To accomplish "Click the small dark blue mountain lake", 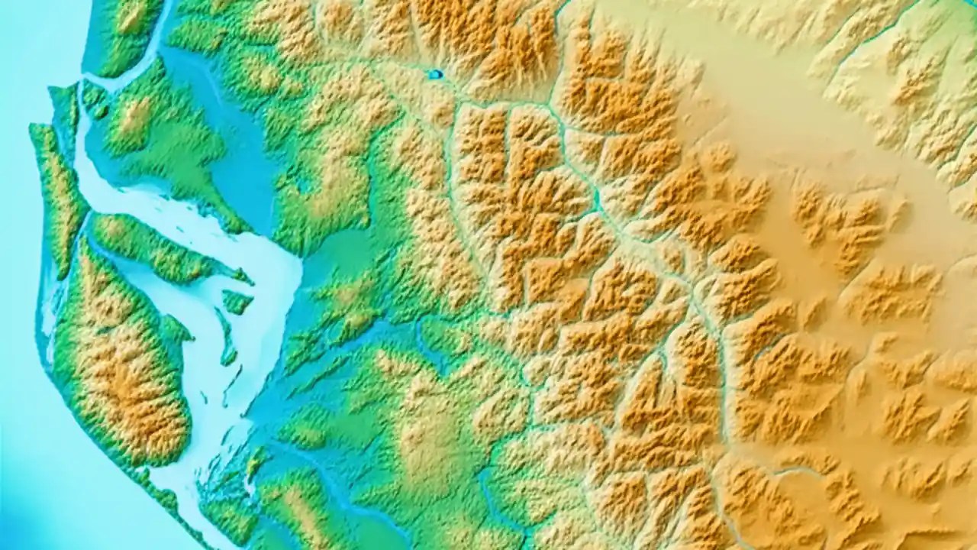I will click(x=435, y=74).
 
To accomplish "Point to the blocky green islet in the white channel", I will click(x=236, y=301).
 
